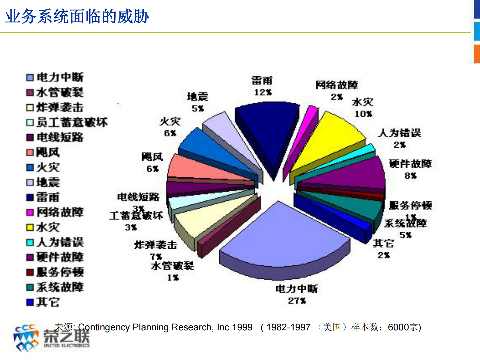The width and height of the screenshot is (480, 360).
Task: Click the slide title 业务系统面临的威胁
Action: (x=77, y=16)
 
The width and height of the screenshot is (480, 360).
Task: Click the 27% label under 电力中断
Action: (x=297, y=301)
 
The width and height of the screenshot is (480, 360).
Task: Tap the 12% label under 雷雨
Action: (x=263, y=92)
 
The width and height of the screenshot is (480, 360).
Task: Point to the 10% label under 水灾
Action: (x=363, y=114)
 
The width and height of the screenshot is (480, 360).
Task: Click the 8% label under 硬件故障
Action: (x=410, y=176)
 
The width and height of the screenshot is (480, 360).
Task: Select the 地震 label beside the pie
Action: (x=198, y=97)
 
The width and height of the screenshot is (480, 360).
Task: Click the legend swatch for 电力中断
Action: (x=30, y=78)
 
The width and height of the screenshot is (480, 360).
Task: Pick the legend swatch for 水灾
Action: (x=30, y=227)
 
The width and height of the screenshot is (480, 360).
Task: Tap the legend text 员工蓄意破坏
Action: (x=72, y=122)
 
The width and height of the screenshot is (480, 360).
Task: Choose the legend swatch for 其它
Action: (x=30, y=302)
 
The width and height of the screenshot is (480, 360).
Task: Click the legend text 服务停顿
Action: (x=60, y=272)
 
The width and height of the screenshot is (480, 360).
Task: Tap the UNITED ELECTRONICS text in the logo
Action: (x=67, y=345)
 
